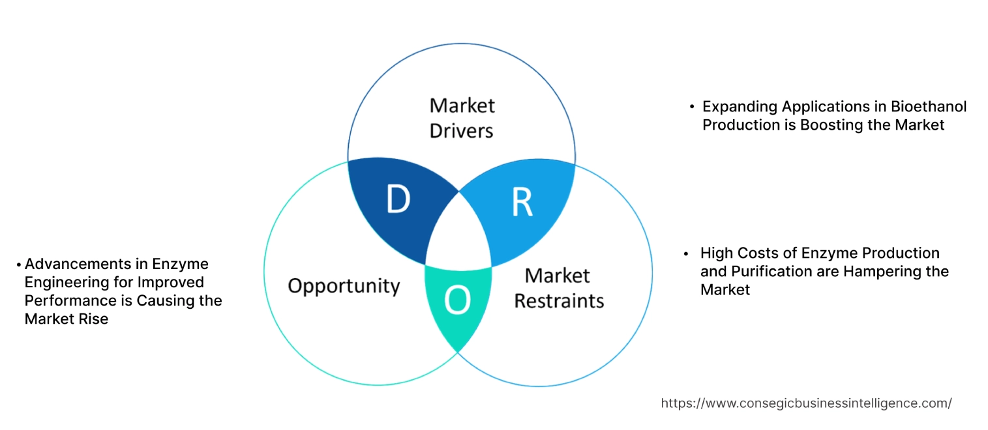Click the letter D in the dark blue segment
point(397,200)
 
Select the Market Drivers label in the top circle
point(462,118)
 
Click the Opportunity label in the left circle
point(344,285)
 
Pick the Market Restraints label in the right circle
point(559,287)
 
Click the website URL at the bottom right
point(806,403)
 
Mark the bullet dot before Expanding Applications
point(691,106)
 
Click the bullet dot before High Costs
point(687,253)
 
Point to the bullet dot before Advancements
point(19,265)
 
